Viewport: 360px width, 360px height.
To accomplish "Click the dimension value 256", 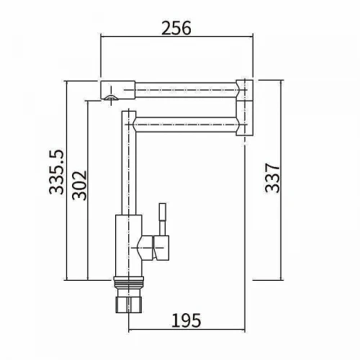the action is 176,28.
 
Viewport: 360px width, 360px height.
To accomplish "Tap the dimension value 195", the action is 186,320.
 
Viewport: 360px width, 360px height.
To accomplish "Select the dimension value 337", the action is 273,178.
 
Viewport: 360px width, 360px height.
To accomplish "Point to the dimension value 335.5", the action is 57,172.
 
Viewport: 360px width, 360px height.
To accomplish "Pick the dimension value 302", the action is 79,185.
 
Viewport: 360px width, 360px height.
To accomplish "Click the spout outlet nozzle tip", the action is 111,97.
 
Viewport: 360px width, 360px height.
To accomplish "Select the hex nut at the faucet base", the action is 129,305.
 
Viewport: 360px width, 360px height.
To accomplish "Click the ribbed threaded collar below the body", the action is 129,282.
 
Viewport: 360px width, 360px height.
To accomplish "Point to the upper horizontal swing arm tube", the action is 186,90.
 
